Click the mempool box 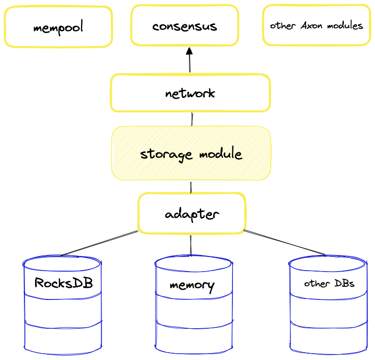point(58,27)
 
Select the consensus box point(185,25)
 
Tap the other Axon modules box point(316,25)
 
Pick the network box point(190,93)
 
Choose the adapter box point(191,213)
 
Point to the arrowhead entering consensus point(189,51)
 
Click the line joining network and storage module point(192,119)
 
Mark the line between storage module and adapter point(191,187)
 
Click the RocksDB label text point(63,283)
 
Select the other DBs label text point(329,283)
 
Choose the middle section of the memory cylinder point(192,308)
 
